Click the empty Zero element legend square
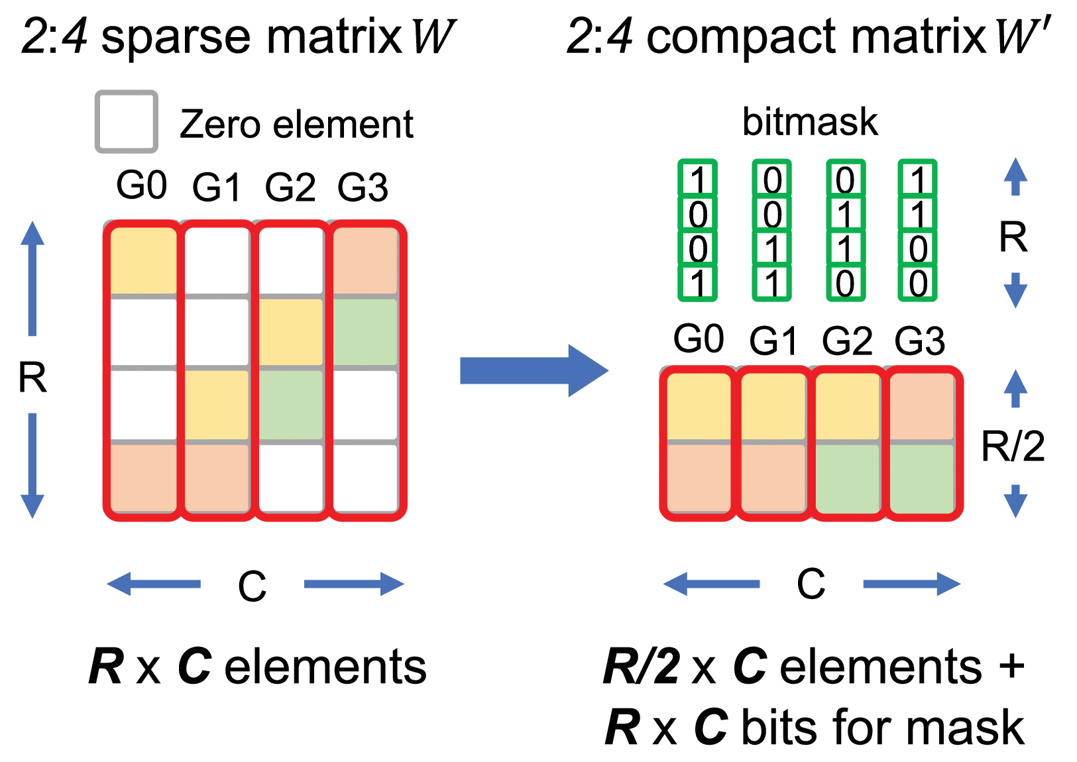(x=126, y=122)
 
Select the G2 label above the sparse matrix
(x=290, y=188)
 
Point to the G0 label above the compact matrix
(x=698, y=339)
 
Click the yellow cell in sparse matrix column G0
(x=143, y=260)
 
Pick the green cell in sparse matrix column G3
(x=365, y=331)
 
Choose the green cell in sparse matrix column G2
(x=291, y=404)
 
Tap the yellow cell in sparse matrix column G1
(x=217, y=404)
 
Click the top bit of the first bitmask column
(x=697, y=179)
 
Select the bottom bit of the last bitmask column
(x=918, y=284)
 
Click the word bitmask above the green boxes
(x=810, y=122)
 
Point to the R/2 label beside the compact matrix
(x=1013, y=446)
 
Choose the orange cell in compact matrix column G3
(x=922, y=406)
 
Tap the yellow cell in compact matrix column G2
(x=848, y=406)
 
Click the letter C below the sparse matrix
(x=252, y=586)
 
